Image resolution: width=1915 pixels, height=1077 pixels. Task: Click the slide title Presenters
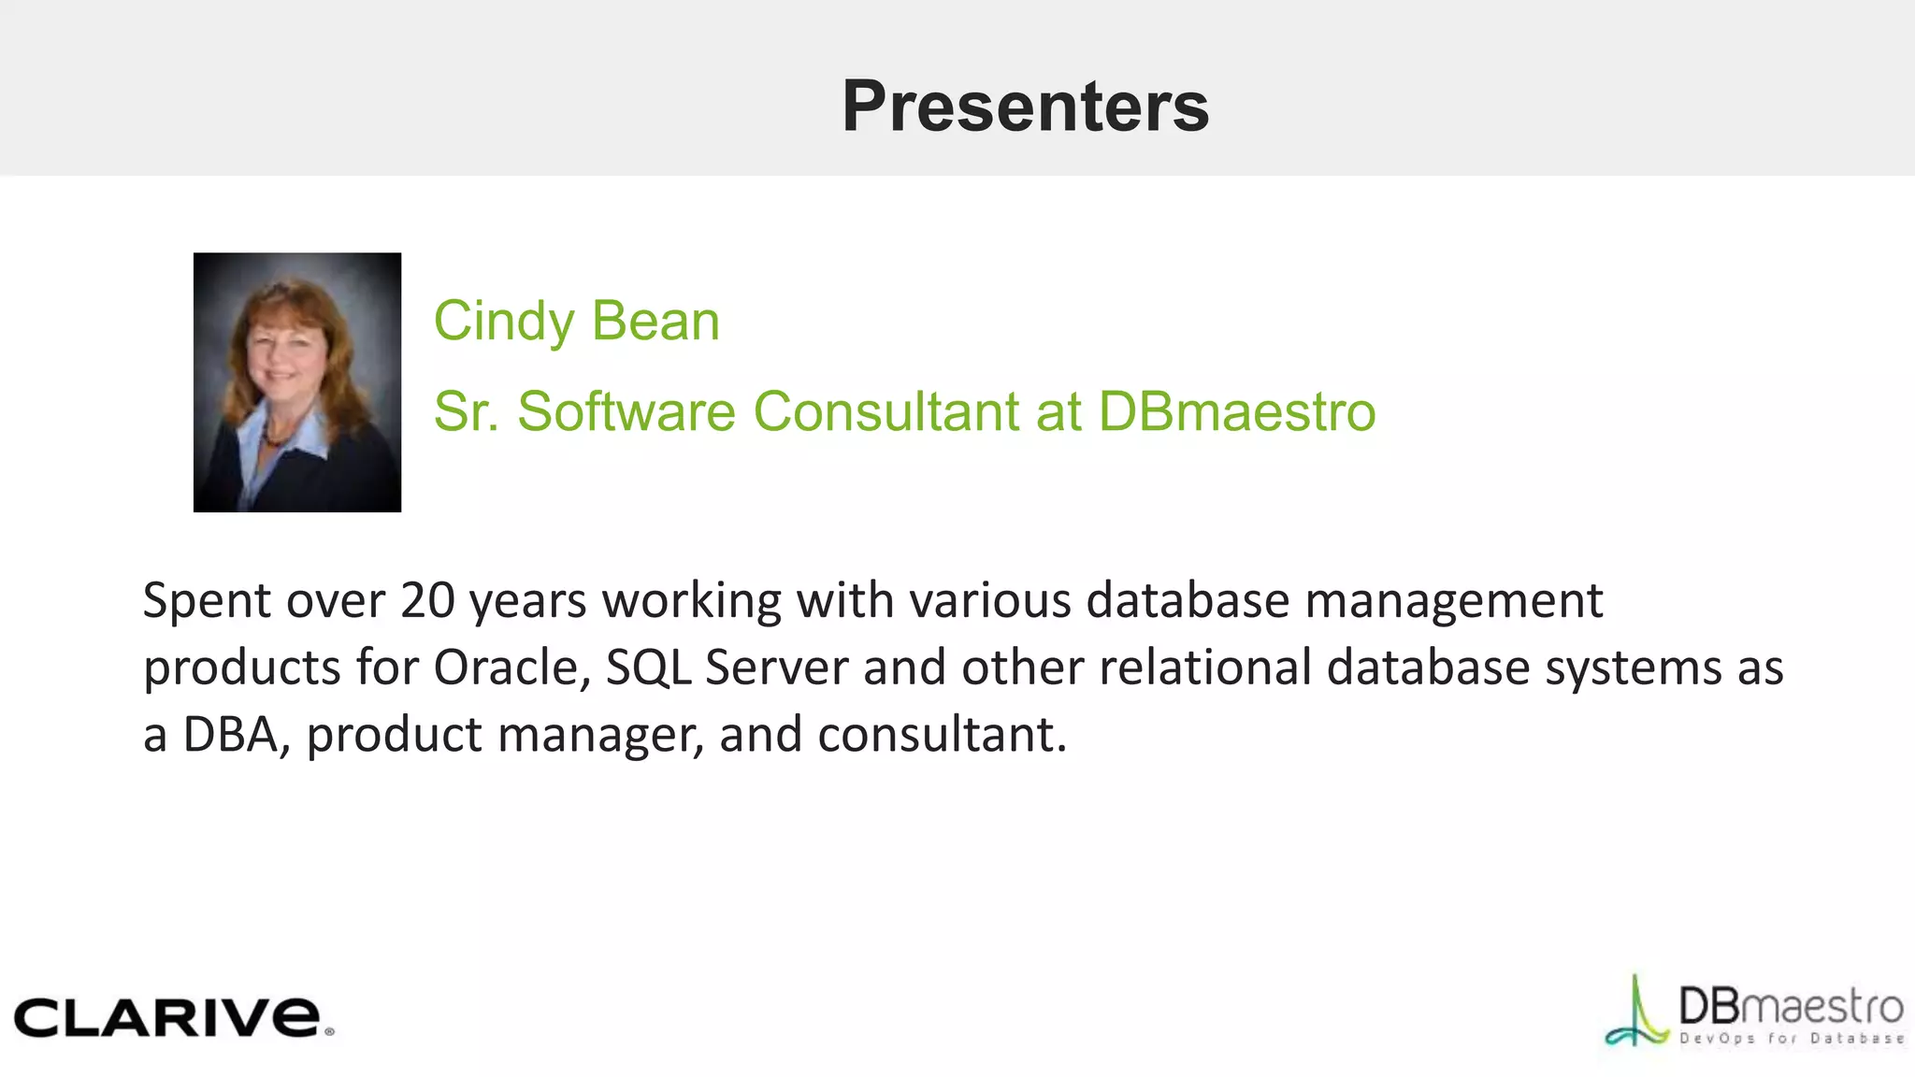(x=1025, y=106)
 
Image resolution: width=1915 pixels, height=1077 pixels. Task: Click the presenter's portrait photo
(x=297, y=381)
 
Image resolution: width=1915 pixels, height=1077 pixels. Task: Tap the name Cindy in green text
(x=504, y=322)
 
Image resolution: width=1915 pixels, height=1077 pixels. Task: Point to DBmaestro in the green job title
(x=1236, y=411)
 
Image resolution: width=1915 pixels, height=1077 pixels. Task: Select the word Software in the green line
(x=626, y=411)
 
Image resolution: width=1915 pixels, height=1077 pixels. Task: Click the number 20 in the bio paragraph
(x=427, y=600)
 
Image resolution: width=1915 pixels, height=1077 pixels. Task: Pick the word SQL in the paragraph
(x=648, y=668)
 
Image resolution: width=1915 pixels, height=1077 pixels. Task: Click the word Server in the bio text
(x=776, y=668)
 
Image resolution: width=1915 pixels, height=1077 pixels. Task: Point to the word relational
(x=1205, y=668)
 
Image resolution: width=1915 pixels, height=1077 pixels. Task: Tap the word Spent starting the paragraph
(x=207, y=602)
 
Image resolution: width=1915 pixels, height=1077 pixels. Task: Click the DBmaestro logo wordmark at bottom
(x=1791, y=1006)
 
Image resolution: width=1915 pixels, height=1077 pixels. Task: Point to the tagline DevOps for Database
(x=1791, y=1039)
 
